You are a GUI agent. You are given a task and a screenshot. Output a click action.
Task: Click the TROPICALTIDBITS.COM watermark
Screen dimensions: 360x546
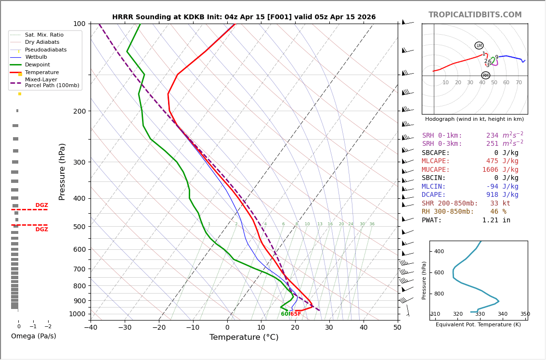(475, 15)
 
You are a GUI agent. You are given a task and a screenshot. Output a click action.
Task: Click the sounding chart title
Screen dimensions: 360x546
(244, 17)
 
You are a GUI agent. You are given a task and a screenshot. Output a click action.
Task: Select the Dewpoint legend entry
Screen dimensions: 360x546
(37, 64)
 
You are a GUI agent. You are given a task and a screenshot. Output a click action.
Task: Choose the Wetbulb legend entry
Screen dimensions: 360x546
(36, 57)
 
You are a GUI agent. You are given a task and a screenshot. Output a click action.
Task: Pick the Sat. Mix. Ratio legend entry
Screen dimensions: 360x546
(44, 35)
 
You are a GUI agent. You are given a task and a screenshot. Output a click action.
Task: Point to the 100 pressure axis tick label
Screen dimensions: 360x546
(79, 24)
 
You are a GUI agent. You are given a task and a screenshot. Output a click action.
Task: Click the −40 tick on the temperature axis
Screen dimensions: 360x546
(91, 328)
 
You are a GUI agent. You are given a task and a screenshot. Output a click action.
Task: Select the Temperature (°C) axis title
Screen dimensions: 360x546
(244, 337)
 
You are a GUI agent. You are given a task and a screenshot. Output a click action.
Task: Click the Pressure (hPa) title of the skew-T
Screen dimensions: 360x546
(62, 171)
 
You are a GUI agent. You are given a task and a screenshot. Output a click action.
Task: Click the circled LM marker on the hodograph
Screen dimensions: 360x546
(479, 46)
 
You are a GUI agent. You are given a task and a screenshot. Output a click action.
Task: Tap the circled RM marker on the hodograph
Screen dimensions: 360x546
(485, 76)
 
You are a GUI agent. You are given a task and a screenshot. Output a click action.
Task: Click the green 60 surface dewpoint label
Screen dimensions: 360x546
(285, 314)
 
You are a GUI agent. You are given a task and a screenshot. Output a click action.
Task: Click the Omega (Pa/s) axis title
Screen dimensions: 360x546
(33, 336)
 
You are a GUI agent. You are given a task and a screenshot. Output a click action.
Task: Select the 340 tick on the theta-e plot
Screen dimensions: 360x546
(502, 314)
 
